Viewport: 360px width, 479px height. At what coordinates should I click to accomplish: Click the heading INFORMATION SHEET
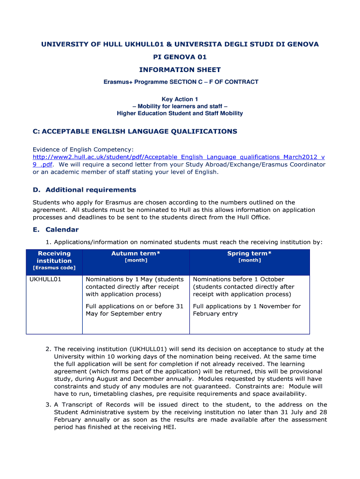point(180,70)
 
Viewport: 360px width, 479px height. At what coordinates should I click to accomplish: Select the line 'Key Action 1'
point(180,99)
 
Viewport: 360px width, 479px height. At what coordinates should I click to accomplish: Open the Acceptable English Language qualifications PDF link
point(178,157)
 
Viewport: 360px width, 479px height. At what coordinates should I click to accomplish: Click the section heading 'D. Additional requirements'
point(84,190)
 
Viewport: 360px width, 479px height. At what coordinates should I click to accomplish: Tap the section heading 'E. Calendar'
point(56,230)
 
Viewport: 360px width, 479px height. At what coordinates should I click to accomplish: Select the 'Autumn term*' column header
point(136,254)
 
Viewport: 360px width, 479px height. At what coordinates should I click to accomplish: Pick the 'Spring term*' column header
point(249,254)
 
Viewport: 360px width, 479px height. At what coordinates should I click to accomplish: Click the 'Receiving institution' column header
point(54,257)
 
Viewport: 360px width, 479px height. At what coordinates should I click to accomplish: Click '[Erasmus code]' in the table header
point(54,268)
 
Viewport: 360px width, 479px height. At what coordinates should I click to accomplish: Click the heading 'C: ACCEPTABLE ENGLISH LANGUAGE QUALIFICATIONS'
point(135,131)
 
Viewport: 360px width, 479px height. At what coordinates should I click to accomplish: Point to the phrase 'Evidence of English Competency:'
point(83,149)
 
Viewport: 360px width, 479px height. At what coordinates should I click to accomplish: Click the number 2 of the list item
point(48,349)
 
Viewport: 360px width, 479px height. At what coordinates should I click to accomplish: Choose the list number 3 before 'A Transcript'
point(48,405)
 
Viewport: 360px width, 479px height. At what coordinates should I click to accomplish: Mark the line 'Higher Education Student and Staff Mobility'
point(180,113)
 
